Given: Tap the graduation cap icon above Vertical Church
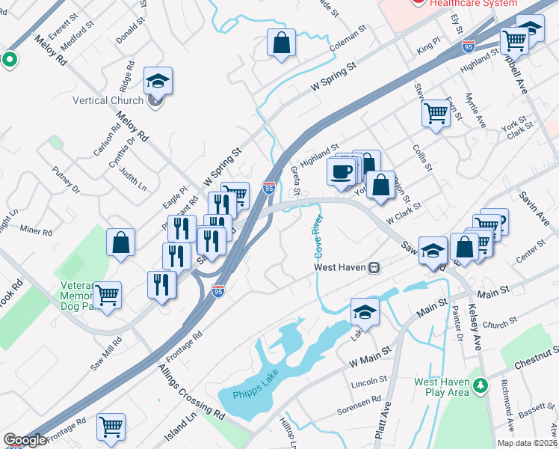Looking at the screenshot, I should [x=158, y=79].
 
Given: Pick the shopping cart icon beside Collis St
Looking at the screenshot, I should [x=435, y=113].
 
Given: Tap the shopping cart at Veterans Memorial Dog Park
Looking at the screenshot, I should [x=107, y=296].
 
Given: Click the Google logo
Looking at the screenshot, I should [x=25, y=440].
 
